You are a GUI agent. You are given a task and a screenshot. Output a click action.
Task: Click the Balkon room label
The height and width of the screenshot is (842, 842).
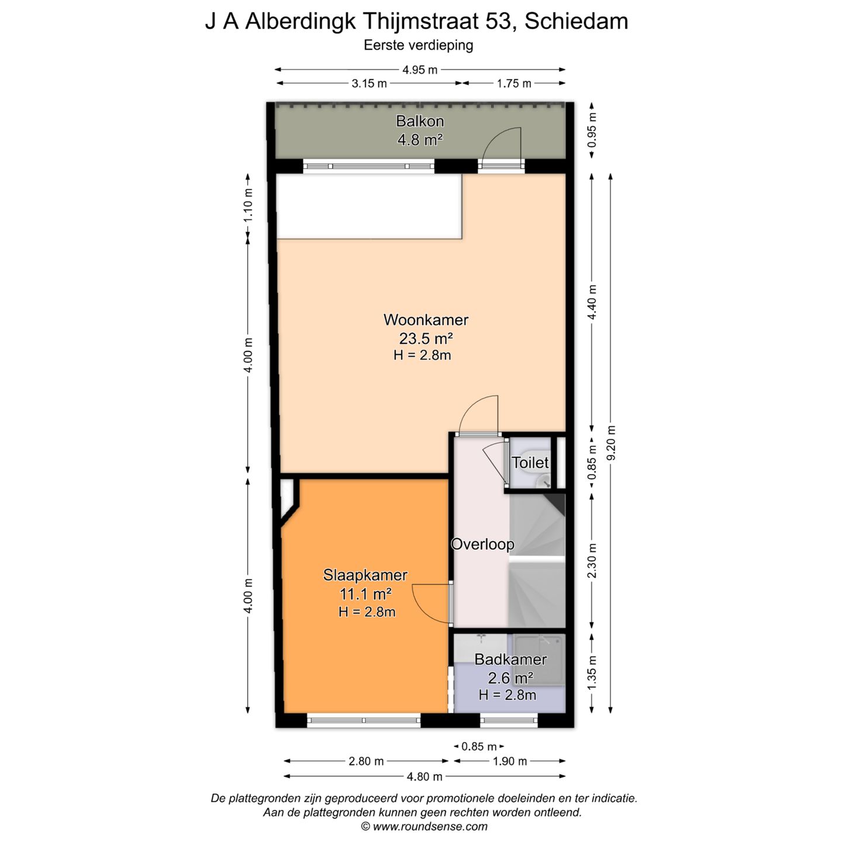point(419,121)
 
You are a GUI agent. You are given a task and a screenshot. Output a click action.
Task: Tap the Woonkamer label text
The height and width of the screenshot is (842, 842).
point(426,320)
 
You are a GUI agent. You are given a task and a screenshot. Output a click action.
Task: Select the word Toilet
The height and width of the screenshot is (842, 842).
point(530,463)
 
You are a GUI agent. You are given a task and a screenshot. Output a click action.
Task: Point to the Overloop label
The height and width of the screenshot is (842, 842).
point(482,544)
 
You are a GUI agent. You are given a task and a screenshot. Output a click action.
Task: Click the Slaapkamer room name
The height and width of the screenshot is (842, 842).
point(365,575)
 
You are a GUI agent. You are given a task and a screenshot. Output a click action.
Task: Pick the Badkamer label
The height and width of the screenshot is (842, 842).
point(510,660)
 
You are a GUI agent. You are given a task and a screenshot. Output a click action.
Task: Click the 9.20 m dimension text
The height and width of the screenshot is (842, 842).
point(611,443)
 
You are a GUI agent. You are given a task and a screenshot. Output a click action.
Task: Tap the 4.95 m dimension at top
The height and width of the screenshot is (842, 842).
point(419,70)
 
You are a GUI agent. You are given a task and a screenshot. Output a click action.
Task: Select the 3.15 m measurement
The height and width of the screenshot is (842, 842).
point(369,84)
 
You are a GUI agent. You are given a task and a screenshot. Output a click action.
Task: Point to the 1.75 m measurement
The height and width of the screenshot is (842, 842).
point(514,84)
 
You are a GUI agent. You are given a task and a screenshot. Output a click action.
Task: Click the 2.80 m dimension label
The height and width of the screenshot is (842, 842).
point(365,761)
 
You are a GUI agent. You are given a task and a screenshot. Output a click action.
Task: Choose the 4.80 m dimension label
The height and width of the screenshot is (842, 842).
point(425,777)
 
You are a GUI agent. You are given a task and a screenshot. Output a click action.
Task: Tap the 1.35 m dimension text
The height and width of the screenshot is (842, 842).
point(592,673)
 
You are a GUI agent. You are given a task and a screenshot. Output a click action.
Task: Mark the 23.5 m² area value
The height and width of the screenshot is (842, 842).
point(426,338)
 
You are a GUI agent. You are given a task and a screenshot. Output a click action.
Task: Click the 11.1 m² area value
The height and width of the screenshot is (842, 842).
point(365,594)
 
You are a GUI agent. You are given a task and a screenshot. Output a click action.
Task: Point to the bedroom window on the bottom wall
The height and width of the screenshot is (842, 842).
point(364,720)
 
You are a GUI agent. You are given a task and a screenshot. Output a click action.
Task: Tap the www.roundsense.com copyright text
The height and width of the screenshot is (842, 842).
point(424,827)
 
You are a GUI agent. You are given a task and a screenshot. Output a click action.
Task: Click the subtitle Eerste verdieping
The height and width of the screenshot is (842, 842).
point(419,46)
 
